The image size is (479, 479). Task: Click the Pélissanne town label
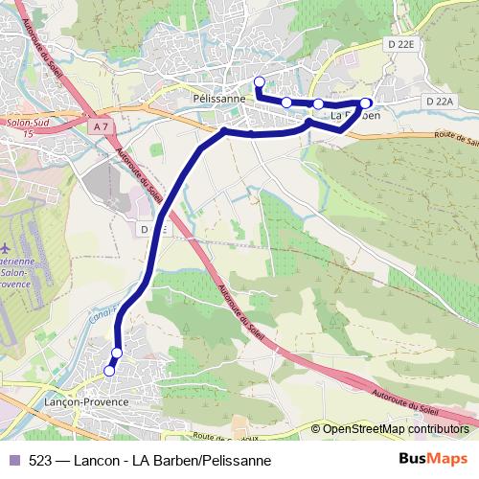pos(219,98)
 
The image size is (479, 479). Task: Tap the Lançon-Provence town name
pos(87,403)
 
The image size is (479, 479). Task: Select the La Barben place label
pos(354,115)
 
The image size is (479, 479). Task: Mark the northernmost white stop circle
pos(259,80)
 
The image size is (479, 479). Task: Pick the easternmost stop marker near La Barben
pos(365,102)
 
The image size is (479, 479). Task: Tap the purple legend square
pos(13,459)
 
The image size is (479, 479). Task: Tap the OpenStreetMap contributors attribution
pos(396,428)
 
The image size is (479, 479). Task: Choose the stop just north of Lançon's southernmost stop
pos(117,354)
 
